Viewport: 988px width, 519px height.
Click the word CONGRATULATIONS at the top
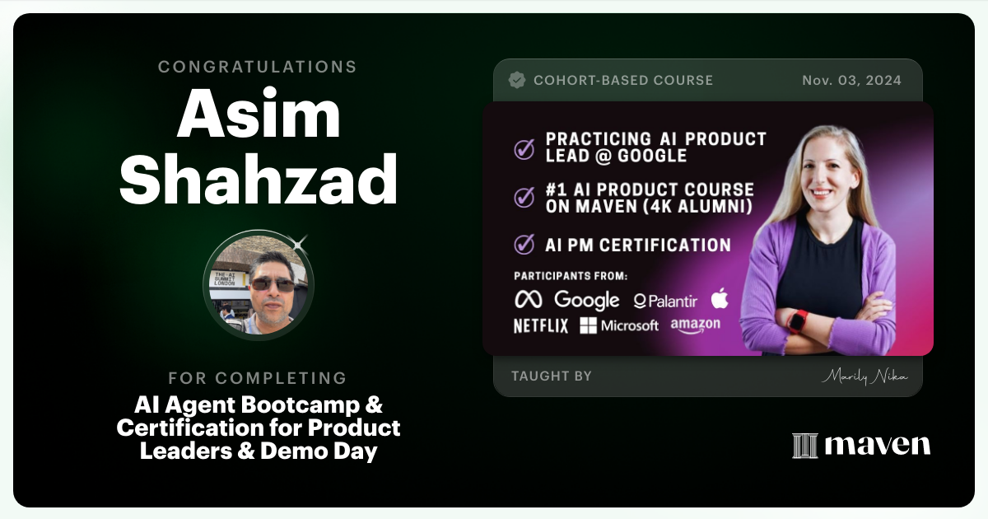[x=258, y=67]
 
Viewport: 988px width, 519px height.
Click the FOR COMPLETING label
[x=258, y=378]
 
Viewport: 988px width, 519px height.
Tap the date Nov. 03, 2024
[x=851, y=80]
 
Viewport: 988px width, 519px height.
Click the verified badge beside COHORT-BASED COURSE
[x=517, y=80]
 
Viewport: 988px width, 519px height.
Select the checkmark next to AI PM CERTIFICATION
[x=524, y=245]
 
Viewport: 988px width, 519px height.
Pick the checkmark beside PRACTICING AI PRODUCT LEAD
[x=524, y=148]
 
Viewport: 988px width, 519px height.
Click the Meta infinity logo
[x=528, y=300]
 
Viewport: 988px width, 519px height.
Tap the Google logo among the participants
[x=586, y=300]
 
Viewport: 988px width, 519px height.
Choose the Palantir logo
[x=665, y=301]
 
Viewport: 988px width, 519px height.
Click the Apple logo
[x=720, y=298]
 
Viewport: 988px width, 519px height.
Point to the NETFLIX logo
[x=541, y=325]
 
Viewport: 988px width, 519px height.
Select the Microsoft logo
[x=619, y=325]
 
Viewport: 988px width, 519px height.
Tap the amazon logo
[x=695, y=325]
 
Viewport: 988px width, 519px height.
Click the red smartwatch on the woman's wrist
[x=797, y=320]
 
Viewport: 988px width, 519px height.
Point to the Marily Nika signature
[x=864, y=376]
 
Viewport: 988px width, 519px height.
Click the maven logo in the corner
[x=861, y=445]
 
